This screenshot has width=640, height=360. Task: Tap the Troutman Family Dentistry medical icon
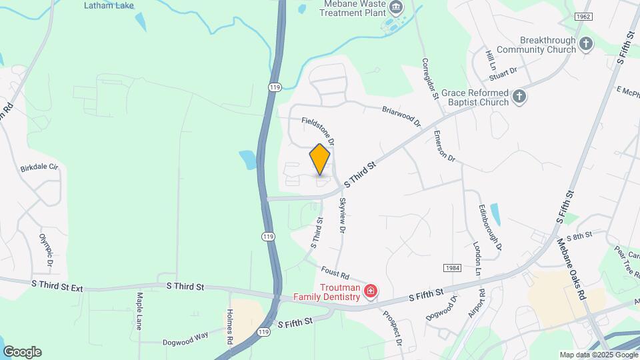(371, 291)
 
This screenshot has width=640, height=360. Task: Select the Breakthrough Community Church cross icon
(586, 45)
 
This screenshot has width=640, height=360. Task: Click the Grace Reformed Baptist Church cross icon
(519, 97)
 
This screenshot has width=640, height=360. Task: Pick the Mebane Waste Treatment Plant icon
(397, 8)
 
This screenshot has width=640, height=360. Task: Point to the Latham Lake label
(109, 6)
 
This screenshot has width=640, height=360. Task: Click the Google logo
(22, 352)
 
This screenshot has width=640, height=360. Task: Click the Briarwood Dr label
(401, 116)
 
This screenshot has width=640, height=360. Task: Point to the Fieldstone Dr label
(317, 131)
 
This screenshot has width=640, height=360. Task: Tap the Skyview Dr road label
(343, 215)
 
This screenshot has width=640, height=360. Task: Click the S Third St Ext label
(57, 285)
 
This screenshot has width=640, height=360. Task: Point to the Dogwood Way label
(185, 338)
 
